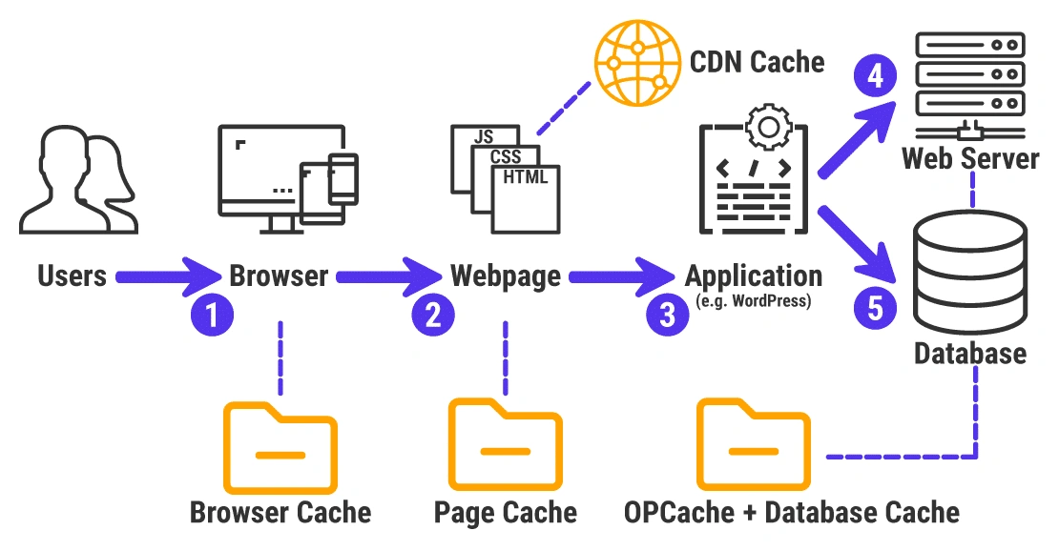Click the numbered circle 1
pyautogui.click(x=211, y=315)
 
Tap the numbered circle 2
pyautogui.click(x=432, y=315)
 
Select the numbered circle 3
pyautogui.click(x=667, y=315)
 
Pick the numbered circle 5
pyautogui.click(x=874, y=307)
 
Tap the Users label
pyautogui.click(x=73, y=277)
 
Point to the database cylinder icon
pyautogui.click(x=970, y=272)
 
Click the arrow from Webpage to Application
pyautogui.click(x=621, y=277)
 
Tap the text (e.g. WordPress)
pyautogui.click(x=753, y=303)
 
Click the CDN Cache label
pyautogui.click(x=757, y=62)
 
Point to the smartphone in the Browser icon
pyautogui.click(x=343, y=178)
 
